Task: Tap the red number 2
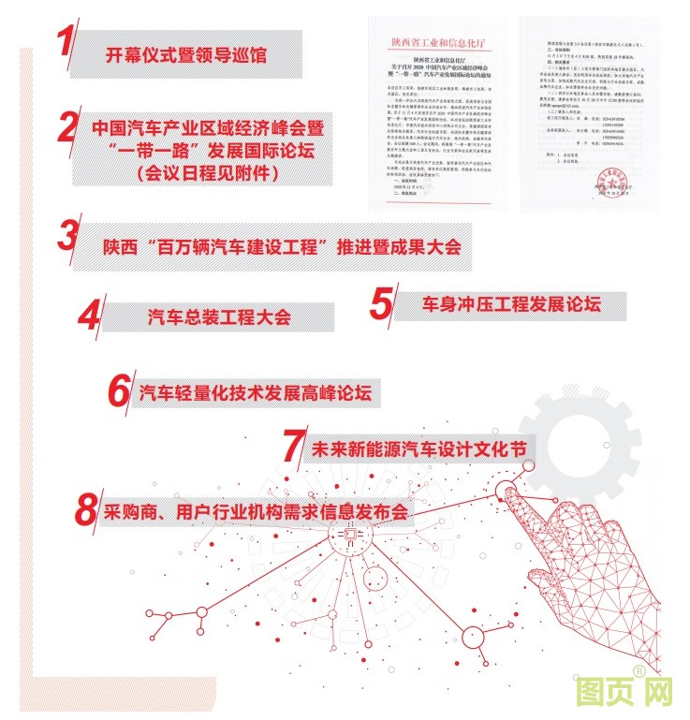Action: pos(66,126)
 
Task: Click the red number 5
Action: pos(380,301)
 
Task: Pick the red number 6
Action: pos(118,390)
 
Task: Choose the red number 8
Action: pos(86,509)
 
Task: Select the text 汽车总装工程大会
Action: pos(219,316)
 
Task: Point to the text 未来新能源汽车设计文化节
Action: pos(417,450)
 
